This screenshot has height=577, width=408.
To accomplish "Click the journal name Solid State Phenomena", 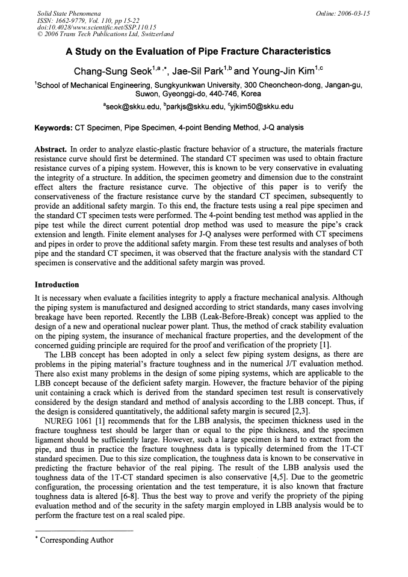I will pyautogui.click(x=68, y=12).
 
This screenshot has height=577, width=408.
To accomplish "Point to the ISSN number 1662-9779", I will pyautogui.click(x=73, y=19).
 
